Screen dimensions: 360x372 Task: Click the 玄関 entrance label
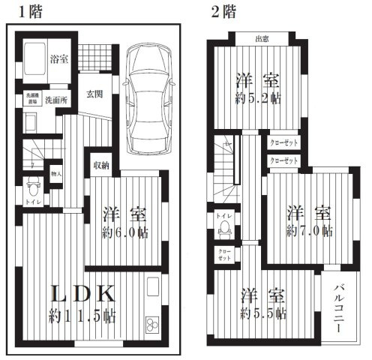pos(94,93)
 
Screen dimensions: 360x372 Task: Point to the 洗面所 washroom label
pos(54,100)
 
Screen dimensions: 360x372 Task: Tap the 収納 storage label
pos(101,165)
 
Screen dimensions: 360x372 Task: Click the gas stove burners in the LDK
pos(152,325)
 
